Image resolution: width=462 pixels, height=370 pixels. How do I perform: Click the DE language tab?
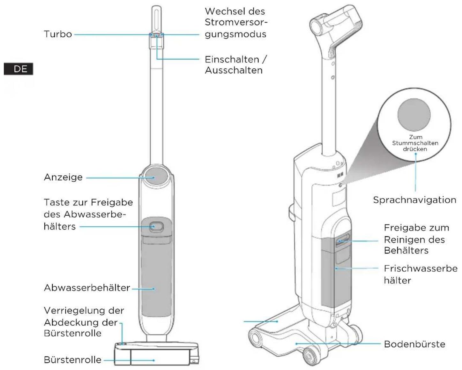coord(19,69)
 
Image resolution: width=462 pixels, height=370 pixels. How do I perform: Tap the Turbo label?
coord(58,34)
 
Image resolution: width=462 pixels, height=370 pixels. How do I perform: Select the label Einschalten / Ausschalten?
coord(236,65)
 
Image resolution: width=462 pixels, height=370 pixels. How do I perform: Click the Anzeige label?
coord(63,177)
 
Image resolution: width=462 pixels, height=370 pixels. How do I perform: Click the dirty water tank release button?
coord(156,227)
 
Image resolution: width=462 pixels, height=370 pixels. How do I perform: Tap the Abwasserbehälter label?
coord(87,288)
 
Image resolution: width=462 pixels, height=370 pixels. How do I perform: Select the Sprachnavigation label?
coord(414,200)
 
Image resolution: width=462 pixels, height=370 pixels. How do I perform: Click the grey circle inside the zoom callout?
coord(414,115)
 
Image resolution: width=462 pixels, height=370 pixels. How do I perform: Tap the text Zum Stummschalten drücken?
coord(415,143)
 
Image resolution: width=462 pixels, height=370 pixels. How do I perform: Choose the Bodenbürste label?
coord(414,344)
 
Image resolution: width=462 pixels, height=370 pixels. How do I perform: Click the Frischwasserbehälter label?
coord(421,274)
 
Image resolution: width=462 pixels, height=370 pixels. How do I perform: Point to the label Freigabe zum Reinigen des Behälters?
coord(416,239)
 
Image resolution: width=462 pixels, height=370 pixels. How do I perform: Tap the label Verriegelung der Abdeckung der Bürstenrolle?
coord(84,322)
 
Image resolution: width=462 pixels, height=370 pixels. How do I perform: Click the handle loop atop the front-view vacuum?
coord(157,19)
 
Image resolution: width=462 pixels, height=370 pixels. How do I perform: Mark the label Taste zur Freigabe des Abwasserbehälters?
coord(88,215)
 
